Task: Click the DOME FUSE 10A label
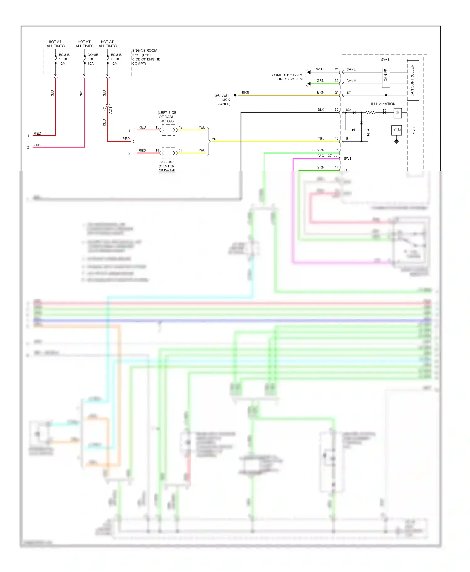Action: coord(92,59)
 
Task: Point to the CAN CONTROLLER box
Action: coord(413,80)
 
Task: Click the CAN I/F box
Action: coord(386,77)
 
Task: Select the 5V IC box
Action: coord(396,130)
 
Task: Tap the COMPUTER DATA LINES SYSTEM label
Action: coord(287,77)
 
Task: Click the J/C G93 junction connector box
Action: coord(169,130)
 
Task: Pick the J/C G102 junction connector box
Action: coord(169,153)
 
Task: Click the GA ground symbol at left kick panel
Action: coord(234,95)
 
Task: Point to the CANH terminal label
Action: coord(351,81)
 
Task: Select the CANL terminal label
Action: coord(351,69)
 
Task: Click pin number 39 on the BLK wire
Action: coord(336,110)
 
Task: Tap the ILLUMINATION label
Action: coord(383,104)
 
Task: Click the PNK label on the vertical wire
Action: coord(81,94)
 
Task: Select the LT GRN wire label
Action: coord(318,150)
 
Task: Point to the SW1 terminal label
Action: coord(347,159)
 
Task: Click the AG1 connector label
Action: coord(111,110)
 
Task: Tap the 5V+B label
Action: coord(385,60)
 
